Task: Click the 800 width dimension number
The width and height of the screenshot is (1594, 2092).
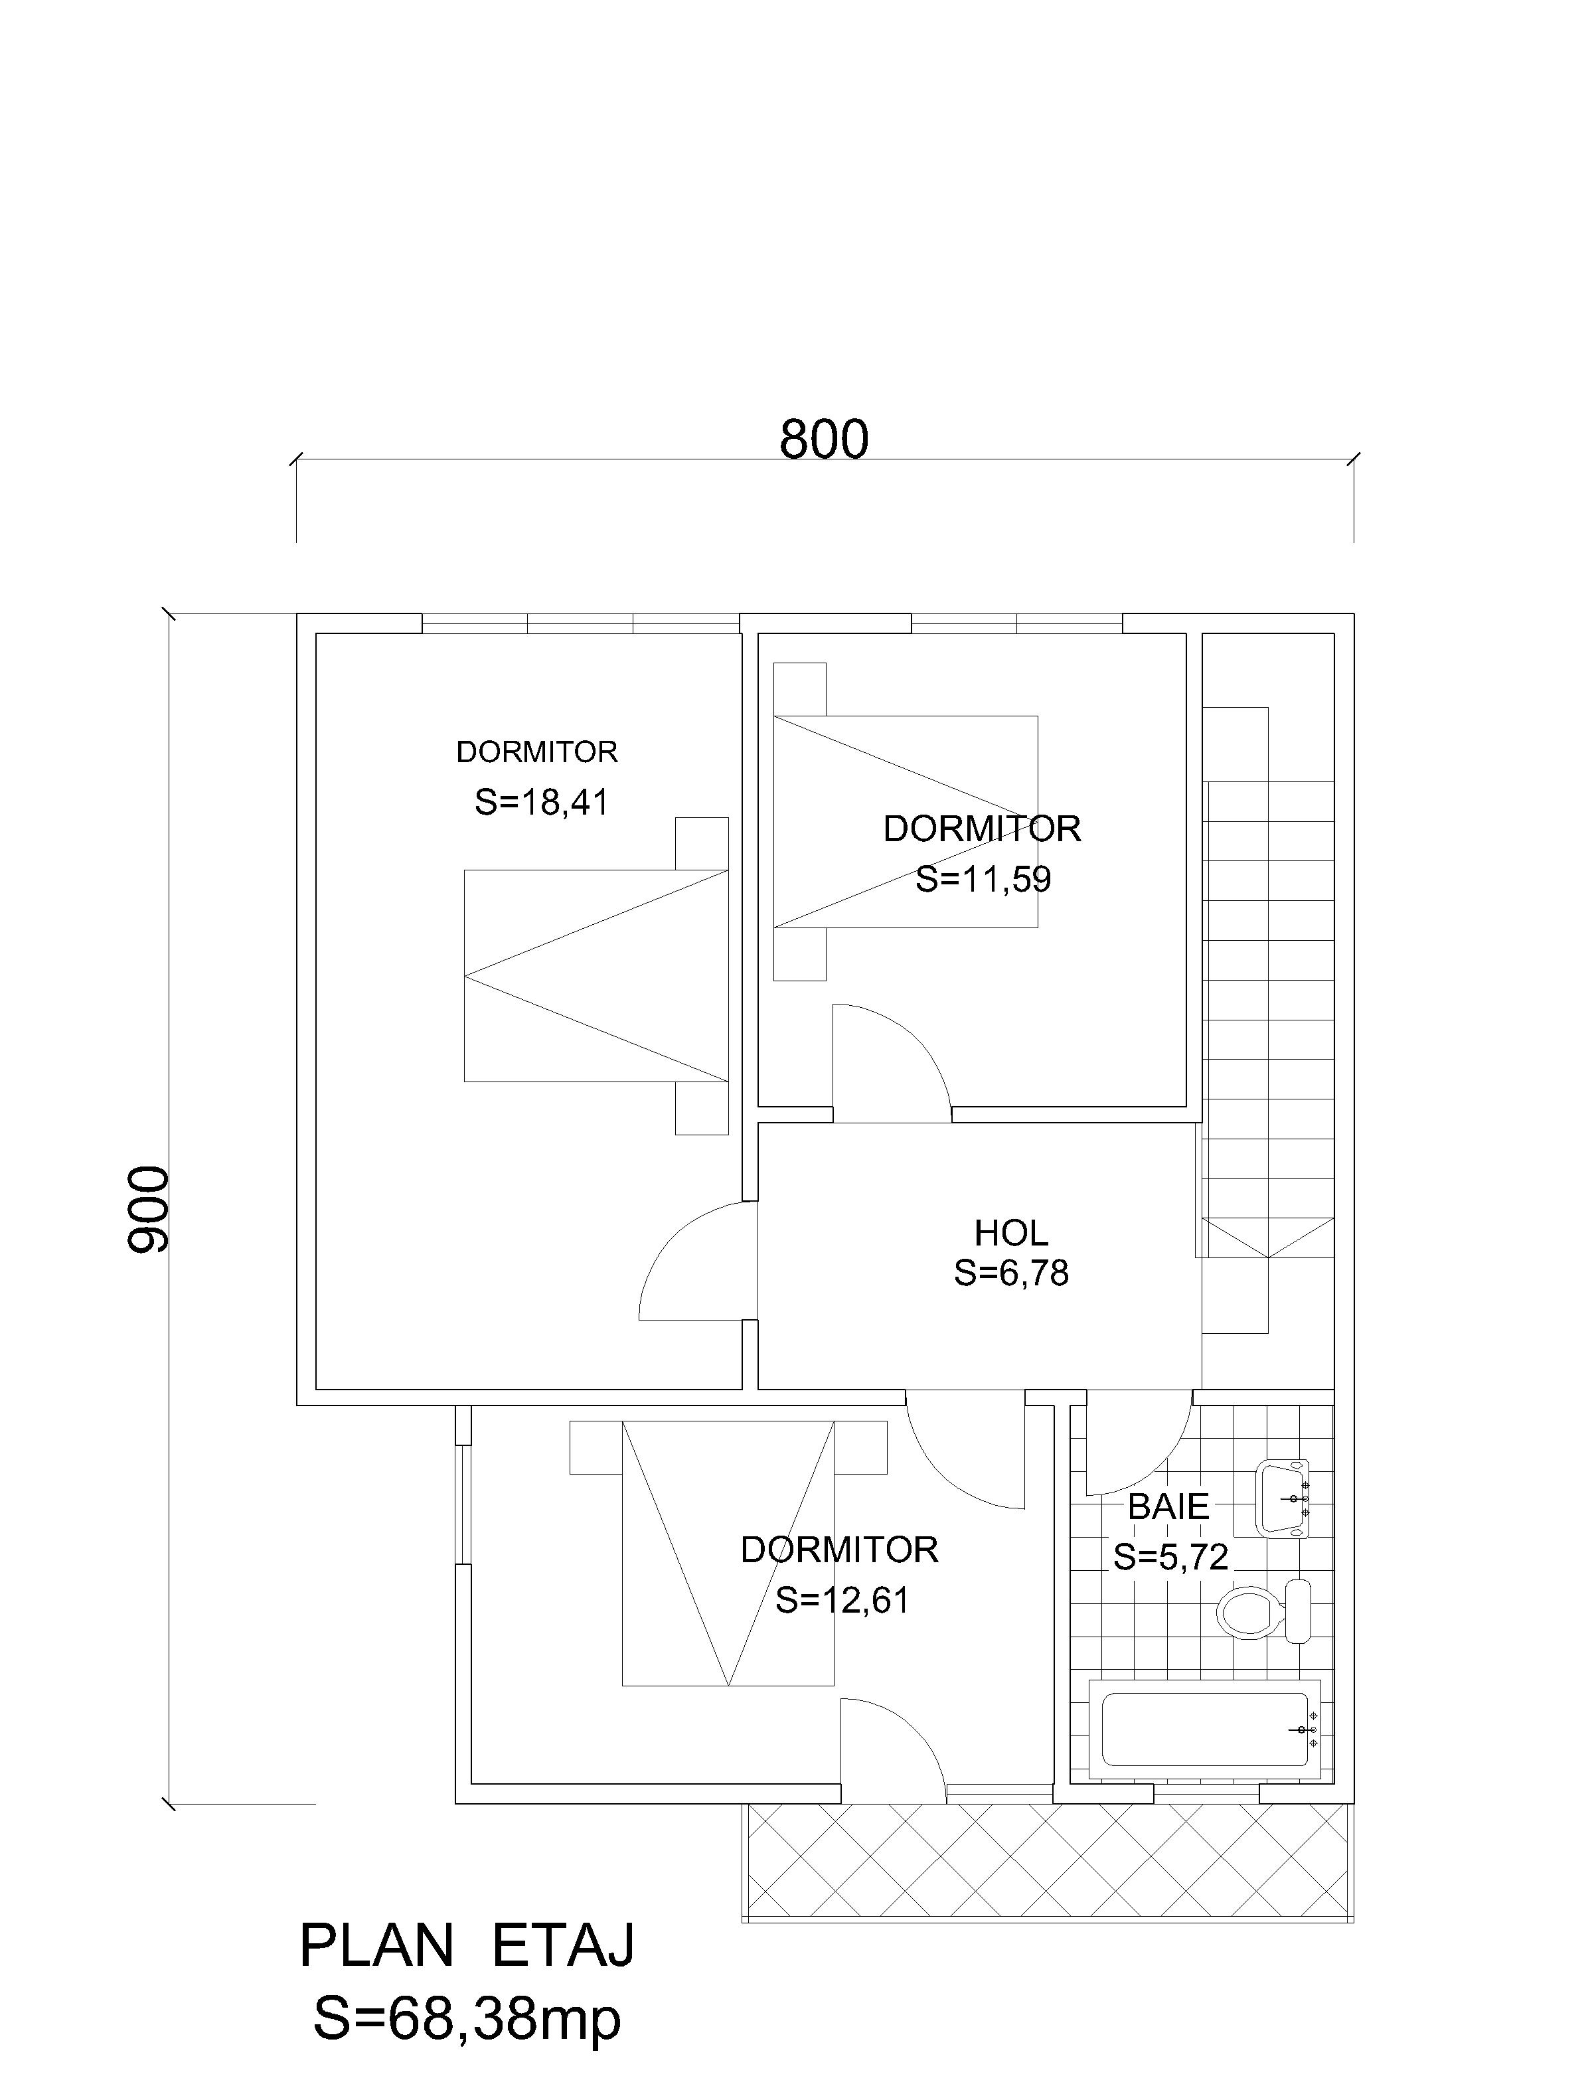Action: [824, 440]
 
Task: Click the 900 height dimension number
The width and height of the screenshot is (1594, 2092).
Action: [148, 1209]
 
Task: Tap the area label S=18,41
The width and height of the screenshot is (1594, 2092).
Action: [541, 803]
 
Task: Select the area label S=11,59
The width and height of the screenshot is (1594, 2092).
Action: [983, 880]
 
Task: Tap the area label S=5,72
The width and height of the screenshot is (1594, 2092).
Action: [1171, 1557]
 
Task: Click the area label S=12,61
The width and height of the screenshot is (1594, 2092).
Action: [842, 1601]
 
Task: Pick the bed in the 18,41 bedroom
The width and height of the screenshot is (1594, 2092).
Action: [596, 975]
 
